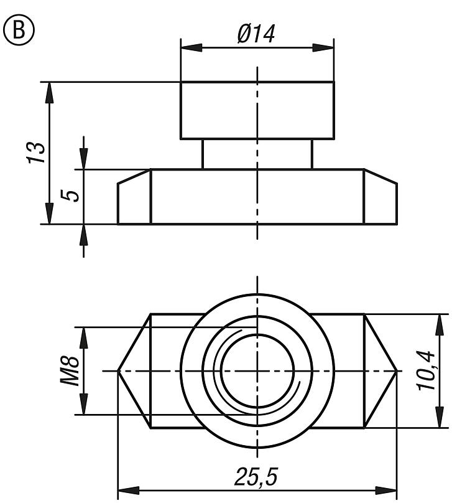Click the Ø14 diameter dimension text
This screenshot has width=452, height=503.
pos(256,34)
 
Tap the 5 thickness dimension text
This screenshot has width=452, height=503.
pos(72,195)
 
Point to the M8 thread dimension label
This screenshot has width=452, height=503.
pos(70,371)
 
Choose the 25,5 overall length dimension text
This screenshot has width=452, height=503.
pos(256,477)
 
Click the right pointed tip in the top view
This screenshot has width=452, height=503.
pos(395,371)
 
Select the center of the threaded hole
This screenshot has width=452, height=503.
pos(257,371)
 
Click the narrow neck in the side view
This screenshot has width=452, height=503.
pos(257,154)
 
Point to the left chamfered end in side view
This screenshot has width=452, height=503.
pos(134,199)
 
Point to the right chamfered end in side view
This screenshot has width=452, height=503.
pos(380,199)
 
